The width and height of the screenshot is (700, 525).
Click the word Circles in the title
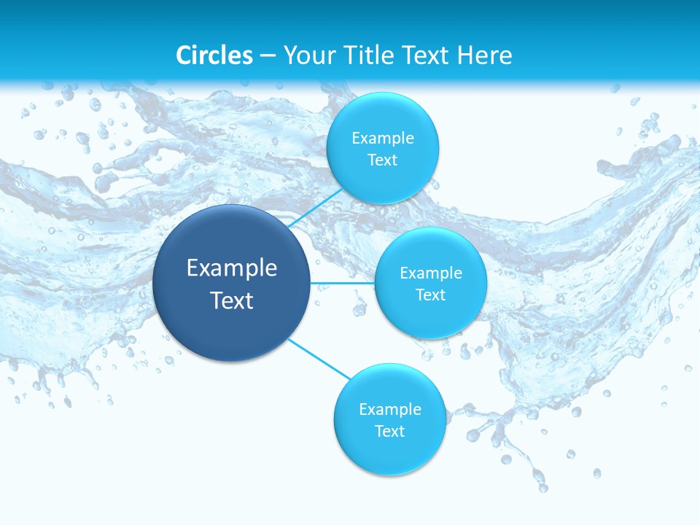(x=214, y=55)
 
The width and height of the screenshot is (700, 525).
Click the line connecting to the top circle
(x=315, y=209)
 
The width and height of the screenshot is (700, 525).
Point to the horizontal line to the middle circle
(x=342, y=283)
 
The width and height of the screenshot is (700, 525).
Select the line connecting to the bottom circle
(x=319, y=359)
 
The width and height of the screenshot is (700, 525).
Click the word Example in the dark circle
(x=232, y=268)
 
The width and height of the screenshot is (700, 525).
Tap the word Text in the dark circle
(x=232, y=300)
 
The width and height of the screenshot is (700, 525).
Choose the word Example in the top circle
(x=383, y=139)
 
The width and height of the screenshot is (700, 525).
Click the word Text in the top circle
(x=383, y=160)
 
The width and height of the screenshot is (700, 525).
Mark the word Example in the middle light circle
(x=431, y=273)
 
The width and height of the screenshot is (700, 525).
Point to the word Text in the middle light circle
(x=431, y=295)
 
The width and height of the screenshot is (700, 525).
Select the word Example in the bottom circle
(x=390, y=410)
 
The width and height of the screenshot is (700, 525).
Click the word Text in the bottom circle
(x=390, y=432)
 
